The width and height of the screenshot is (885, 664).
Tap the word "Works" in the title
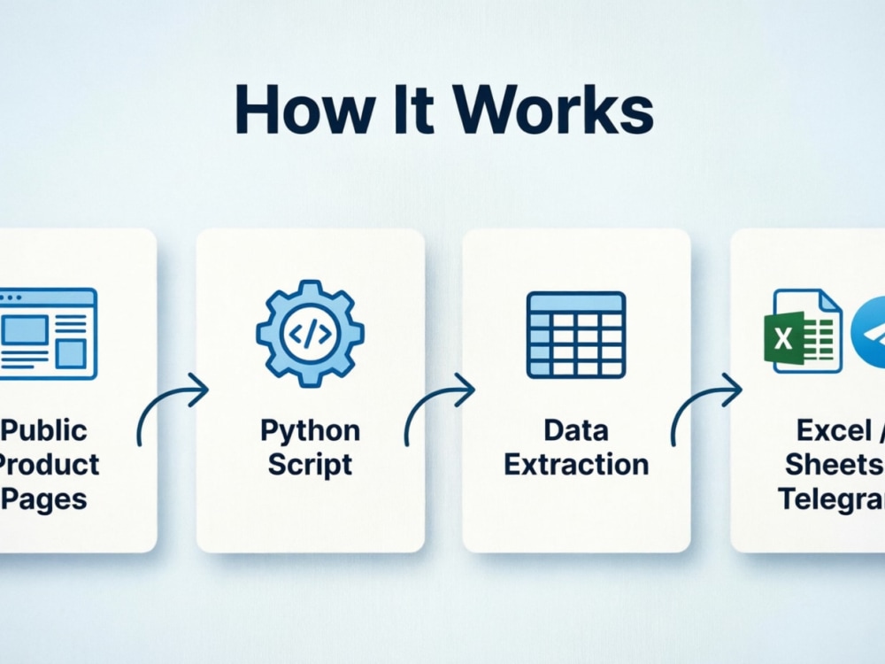[554, 110]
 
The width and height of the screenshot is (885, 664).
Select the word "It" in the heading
[413, 110]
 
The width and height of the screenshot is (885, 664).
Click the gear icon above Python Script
[310, 334]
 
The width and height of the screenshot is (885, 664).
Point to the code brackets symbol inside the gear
[310, 335]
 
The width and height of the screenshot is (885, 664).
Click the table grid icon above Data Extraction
[576, 335]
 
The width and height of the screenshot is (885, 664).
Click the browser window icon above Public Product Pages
[48, 334]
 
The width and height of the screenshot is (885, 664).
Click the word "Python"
[310, 432]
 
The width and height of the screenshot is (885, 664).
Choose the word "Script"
[310, 466]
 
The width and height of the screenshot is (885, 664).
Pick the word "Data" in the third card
[576, 430]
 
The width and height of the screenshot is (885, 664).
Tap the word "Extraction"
[576, 465]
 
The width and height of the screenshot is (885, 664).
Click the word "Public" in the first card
[44, 430]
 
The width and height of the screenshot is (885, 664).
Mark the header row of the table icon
[576, 302]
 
